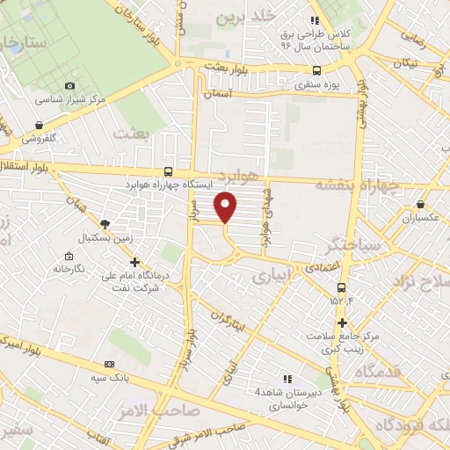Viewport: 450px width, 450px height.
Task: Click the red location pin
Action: [226, 207]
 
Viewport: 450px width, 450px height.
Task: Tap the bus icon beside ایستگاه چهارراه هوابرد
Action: [168, 172]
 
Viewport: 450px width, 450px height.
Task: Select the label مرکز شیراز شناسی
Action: [76, 99]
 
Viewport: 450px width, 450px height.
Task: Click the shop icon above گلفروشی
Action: [40, 126]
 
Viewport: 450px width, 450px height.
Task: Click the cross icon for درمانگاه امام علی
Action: [134, 261]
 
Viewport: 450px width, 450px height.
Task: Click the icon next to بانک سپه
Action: [109, 364]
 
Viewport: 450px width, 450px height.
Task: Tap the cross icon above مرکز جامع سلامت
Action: [342, 323]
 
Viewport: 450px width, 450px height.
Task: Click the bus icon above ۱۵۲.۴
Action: [341, 287]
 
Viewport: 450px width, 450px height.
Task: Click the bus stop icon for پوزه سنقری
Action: [316, 71]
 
